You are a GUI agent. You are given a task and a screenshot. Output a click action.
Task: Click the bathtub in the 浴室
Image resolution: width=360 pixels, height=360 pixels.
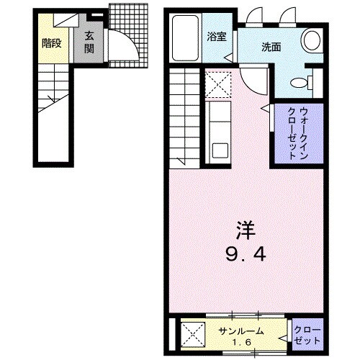[x=187, y=40]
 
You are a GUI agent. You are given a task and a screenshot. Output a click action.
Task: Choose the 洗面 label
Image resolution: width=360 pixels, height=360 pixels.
[x=271, y=48]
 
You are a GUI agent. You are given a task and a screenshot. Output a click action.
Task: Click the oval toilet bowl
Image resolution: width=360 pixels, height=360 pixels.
[x=312, y=39]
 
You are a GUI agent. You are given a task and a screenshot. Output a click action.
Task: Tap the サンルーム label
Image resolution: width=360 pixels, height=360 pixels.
[x=242, y=330]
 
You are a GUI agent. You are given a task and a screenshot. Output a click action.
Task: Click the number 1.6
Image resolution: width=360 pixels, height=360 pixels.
[x=243, y=341]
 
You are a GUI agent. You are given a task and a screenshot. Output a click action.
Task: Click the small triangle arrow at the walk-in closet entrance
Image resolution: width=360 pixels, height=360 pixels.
[x=265, y=109]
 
